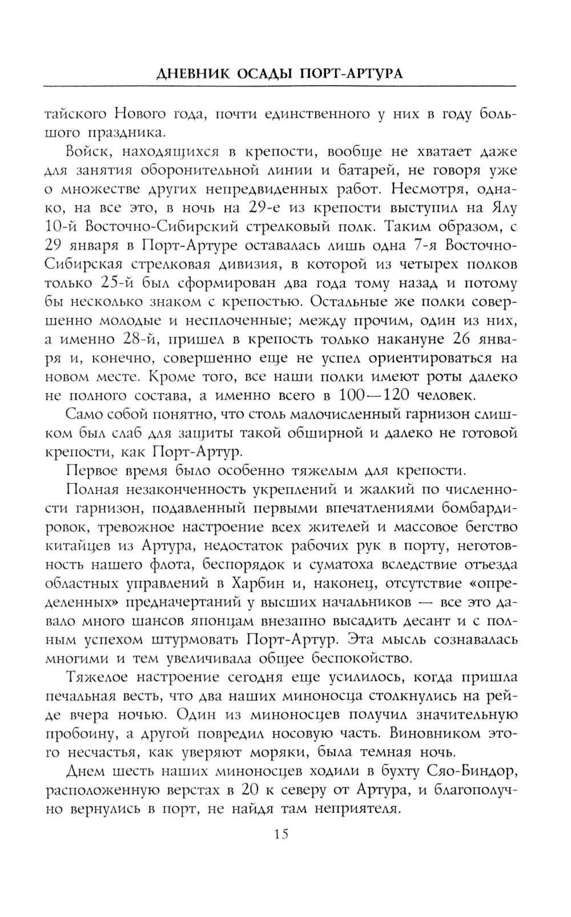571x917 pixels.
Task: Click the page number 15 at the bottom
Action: [x=281, y=835]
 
